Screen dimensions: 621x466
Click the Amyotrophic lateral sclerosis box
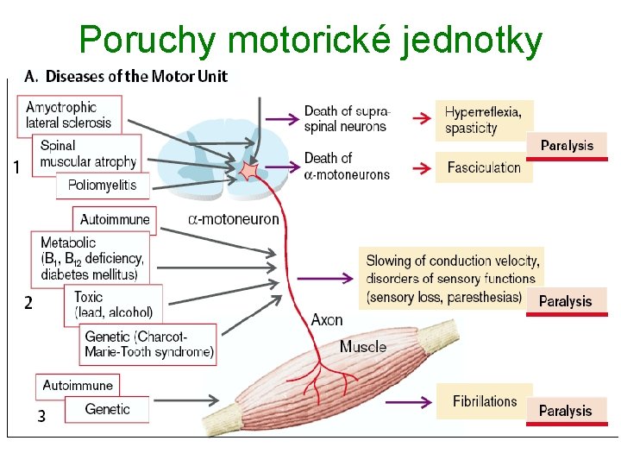pyautogui.click(x=70, y=116)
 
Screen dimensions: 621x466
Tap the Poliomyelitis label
pyautogui.click(x=103, y=185)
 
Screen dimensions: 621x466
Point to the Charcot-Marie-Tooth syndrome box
pyautogui.click(x=148, y=344)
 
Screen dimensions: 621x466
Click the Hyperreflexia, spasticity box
pyautogui.click(x=484, y=120)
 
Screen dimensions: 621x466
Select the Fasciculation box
pyautogui.click(x=484, y=167)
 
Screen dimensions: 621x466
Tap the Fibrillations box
pyautogui.click(x=484, y=401)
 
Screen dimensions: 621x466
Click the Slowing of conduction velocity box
pyautogui.click(x=453, y=278)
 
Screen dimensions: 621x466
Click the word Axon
pyautogui.click(x=327, y=320)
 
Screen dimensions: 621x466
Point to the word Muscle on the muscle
pyautogui.click(x=362, y=347)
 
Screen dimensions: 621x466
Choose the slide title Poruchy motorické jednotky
pyautogui.click(x=310, y=39)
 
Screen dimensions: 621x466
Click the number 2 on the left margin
pyautogui.click(x=28, y=303)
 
